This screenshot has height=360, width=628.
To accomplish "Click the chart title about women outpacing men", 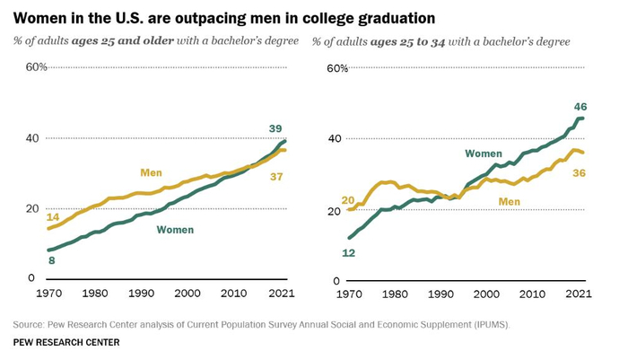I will coord(224,17).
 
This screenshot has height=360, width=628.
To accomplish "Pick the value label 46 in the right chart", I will coord(580,107).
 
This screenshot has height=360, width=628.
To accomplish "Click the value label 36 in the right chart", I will coord(579,172).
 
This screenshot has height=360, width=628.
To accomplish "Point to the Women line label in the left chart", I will coord(175,230).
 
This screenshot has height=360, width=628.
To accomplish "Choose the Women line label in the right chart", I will coord(483,154).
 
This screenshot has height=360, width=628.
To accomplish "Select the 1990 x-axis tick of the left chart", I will coord(141,294).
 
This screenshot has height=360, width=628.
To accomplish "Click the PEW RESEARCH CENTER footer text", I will coord(66,342).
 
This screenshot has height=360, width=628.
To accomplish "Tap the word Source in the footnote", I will coord(31,323).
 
